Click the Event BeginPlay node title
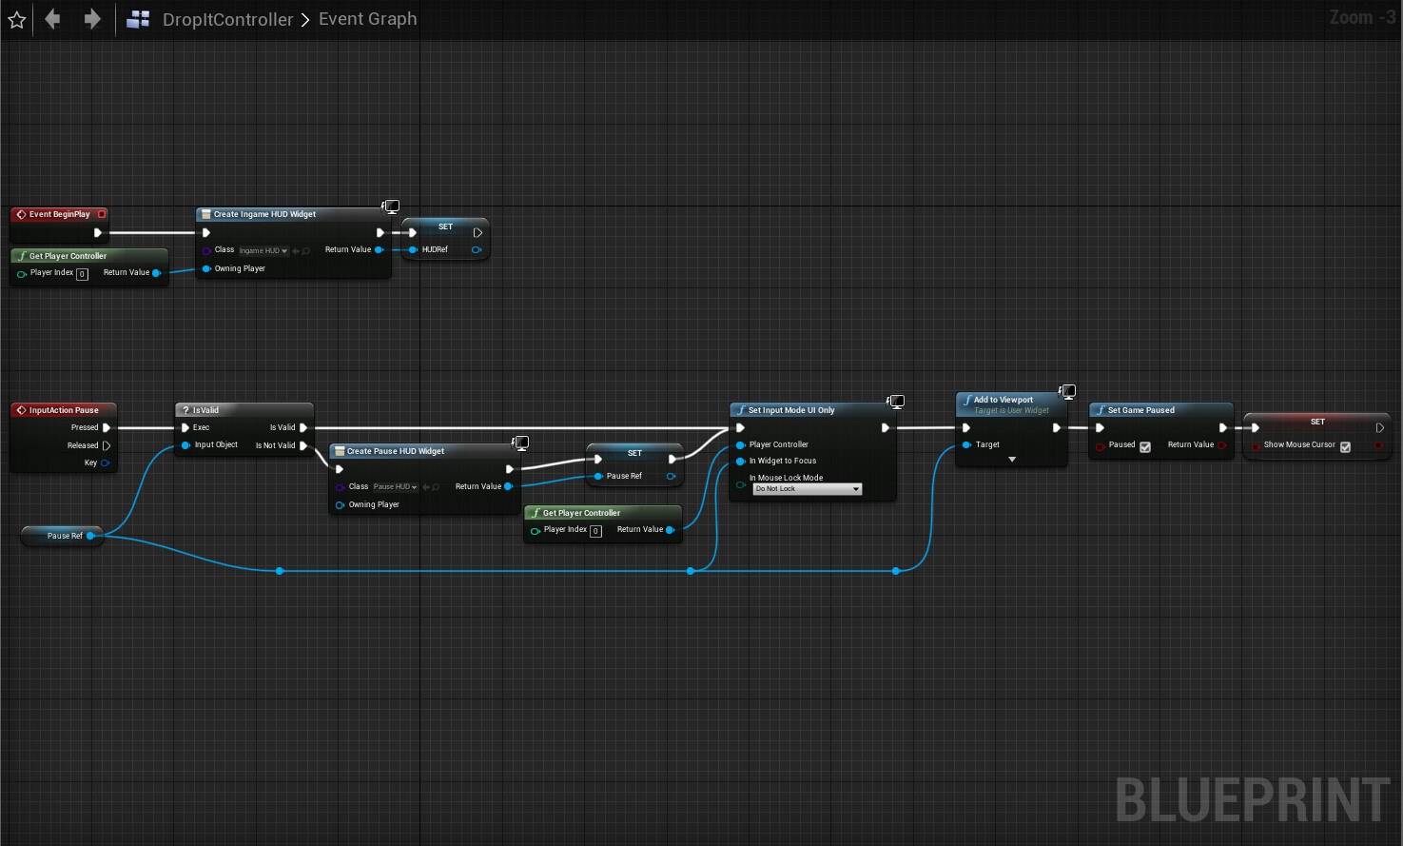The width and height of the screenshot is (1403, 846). pos(59,214)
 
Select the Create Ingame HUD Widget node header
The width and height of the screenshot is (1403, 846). pos(264,214)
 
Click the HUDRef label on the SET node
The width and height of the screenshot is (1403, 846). pos(435,249)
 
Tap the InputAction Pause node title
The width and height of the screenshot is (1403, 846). pos(64,410)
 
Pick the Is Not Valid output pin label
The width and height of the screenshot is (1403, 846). pos(275,445)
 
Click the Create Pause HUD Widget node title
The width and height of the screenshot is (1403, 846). pos(395,451)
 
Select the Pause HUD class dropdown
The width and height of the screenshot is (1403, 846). pos(396,486)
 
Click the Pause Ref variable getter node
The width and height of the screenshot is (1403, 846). pos(65,536)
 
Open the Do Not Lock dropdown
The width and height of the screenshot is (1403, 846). pos(808,489)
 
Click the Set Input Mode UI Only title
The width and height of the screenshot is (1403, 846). pos(790,410)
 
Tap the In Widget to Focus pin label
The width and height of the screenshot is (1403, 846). pos(782,461)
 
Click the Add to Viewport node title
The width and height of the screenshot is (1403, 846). pos(1003,400)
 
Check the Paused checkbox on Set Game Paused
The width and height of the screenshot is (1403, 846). pos(1145,446)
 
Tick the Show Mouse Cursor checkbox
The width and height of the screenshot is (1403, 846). pos(1345,446)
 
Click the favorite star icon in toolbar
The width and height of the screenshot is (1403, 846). pos(17,19)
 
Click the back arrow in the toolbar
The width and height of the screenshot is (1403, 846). pos(53,19)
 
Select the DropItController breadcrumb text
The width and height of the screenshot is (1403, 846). pos(227,19)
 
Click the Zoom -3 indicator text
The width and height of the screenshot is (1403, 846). pos(1361,17)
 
